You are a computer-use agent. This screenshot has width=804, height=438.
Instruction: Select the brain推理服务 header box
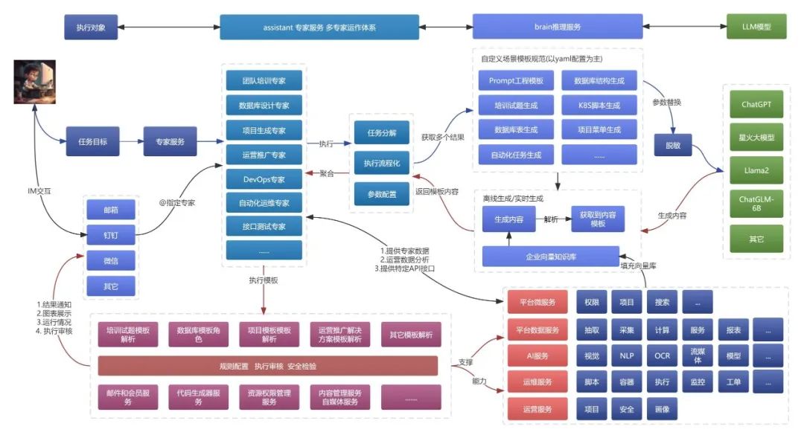coord(558,27)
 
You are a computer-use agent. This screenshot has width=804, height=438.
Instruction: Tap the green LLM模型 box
coord(757,27)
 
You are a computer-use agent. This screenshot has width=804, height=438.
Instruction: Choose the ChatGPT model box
coord(756,105)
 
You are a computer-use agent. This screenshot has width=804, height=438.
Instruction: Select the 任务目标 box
coord(92,141)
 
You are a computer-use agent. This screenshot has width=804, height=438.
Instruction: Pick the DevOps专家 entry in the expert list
coord(264,178)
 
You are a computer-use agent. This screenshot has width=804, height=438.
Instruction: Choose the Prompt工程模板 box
coord(516,81)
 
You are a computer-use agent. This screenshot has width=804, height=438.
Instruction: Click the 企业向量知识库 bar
coord(550,257)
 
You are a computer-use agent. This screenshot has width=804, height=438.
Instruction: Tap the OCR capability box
coord(662,356)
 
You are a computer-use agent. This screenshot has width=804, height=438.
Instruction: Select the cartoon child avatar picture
coord(35,83)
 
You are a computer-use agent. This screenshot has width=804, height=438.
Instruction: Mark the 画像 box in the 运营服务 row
coord(662,409)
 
